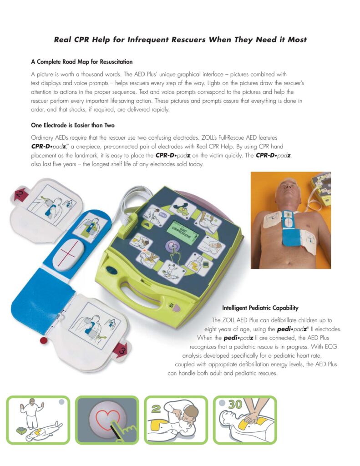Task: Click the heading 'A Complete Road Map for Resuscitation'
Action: pyautogui.click(x=82, y=62)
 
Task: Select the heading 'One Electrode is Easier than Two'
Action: pyautogui.click(x=73, y=125)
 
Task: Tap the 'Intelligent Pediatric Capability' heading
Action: pyautogui.click(x=260, y=308)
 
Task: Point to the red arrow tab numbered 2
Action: pyautogui.click(x=20, y=195)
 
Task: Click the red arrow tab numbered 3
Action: pyautogui.click(x=122, y=350)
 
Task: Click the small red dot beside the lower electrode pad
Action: pyautogui.click(x=44, y=340)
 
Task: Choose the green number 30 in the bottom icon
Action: pyautogui.click(x=236, y=405)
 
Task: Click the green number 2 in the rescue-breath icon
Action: pyautogui.click(x=156, y=409)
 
